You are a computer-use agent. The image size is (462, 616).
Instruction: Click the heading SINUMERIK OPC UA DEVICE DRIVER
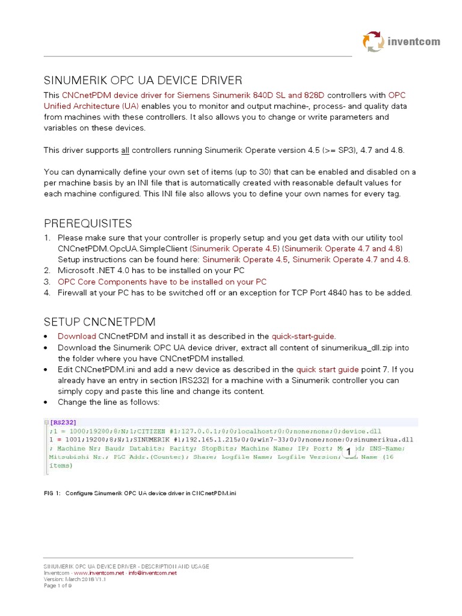point(143,80)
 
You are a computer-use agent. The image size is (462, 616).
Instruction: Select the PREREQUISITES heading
point(88,224)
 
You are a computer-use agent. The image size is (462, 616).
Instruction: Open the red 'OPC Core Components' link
point(162,282)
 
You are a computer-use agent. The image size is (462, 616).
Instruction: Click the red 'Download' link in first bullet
point(76,336)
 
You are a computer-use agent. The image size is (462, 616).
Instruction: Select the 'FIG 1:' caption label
point(52,493)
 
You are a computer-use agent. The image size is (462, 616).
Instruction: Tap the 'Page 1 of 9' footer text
point(58,586)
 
